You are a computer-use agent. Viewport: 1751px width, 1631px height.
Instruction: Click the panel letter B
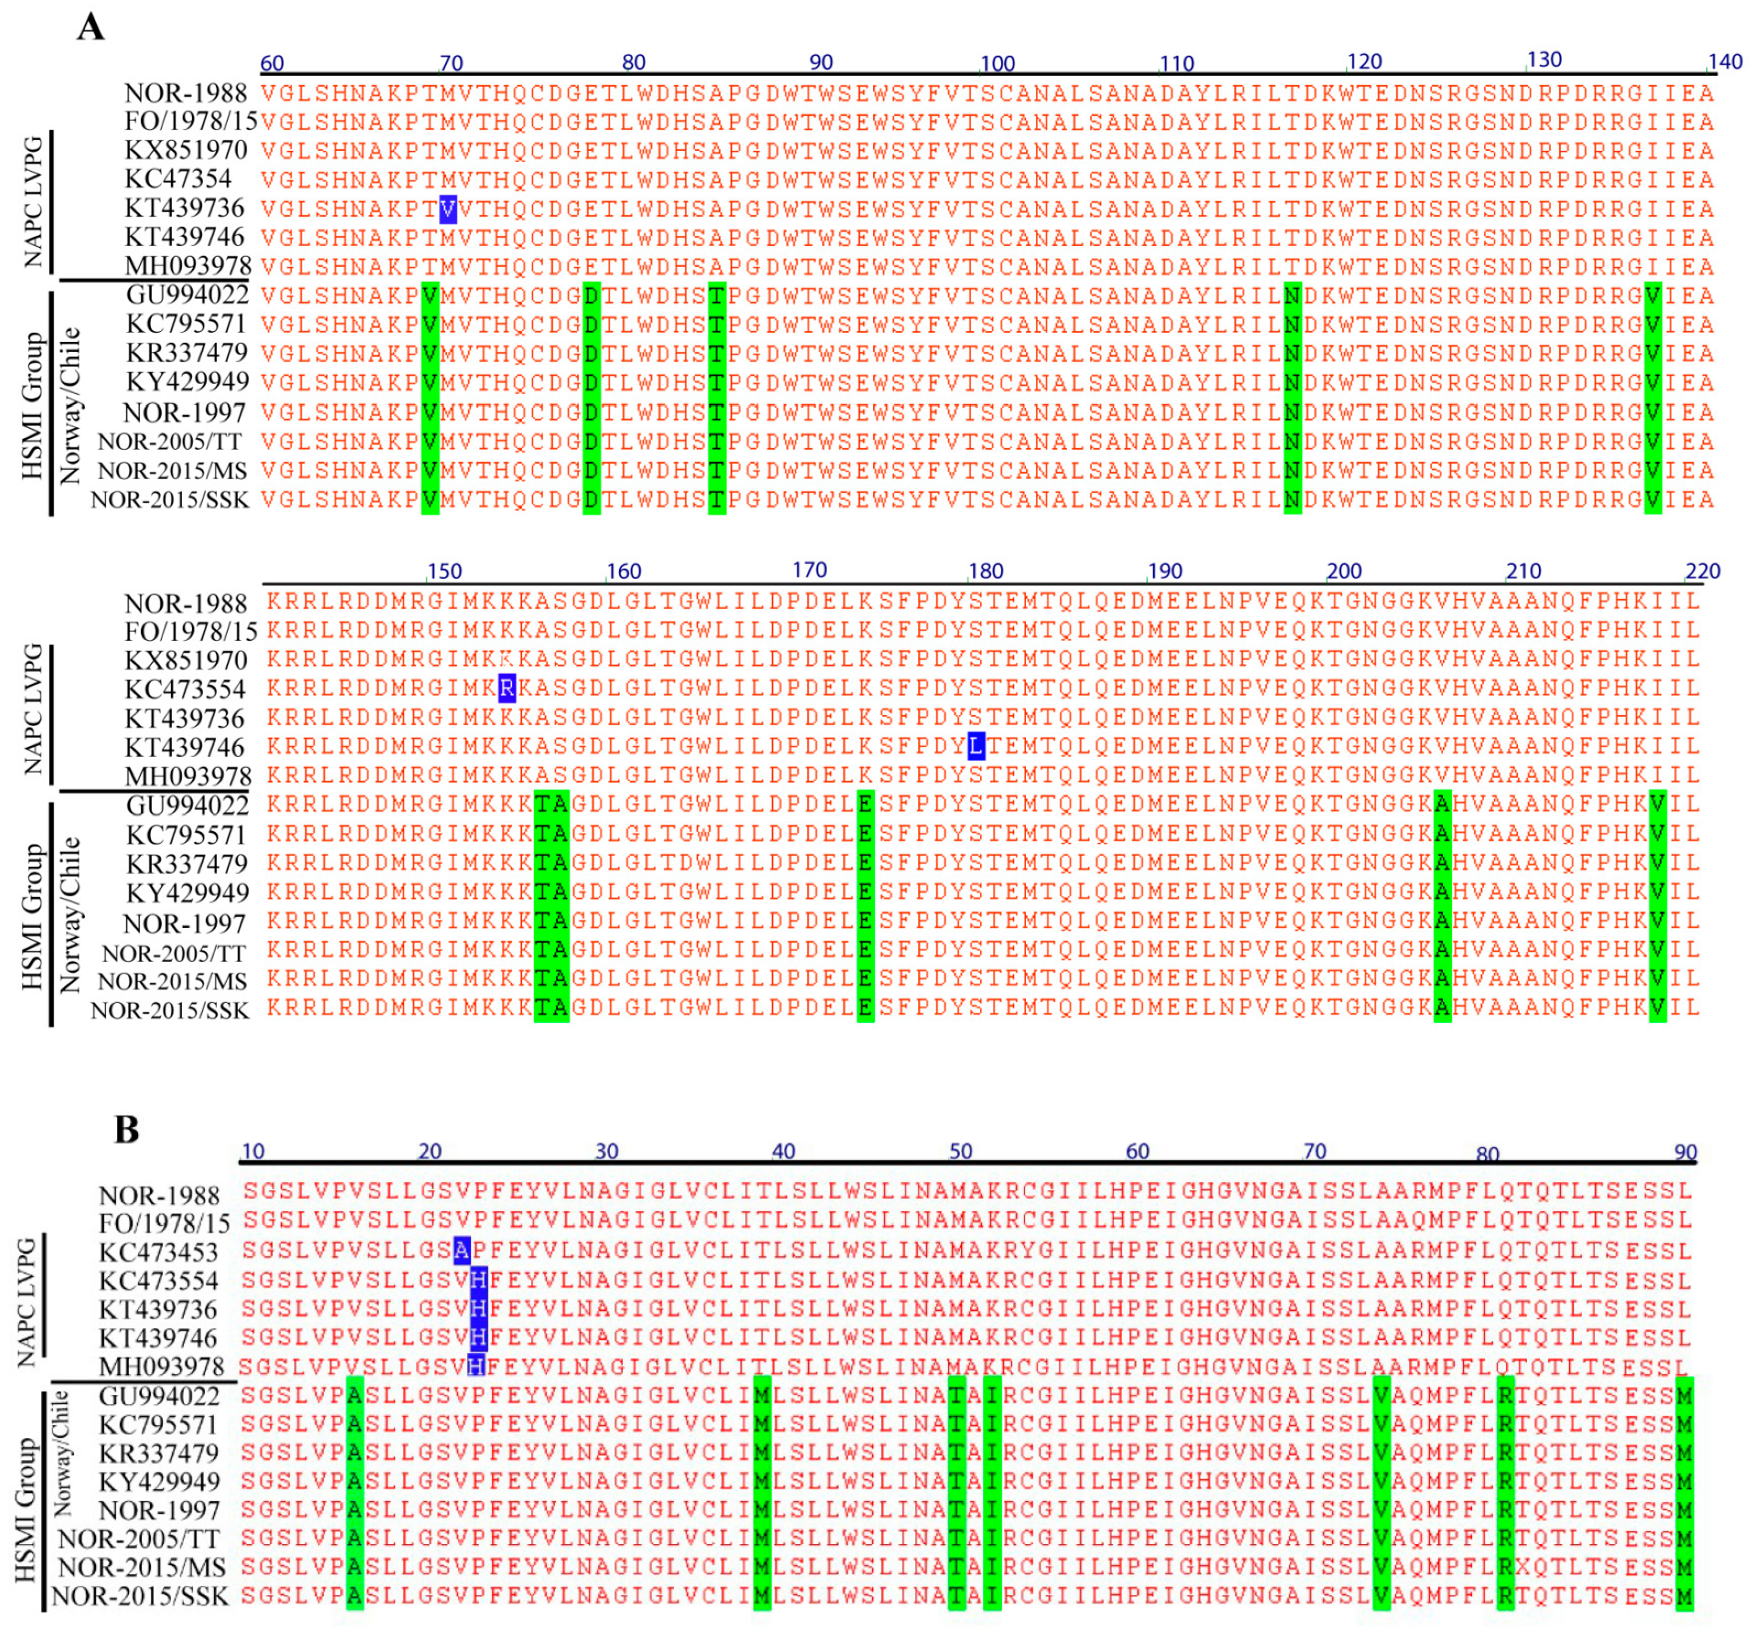tap(126, 1130)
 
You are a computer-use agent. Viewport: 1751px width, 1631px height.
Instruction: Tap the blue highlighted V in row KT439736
tap(448, 209)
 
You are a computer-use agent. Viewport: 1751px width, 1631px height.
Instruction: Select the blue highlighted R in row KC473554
tap(507, 688)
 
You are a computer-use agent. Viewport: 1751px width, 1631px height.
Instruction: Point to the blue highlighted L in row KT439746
tap(977, 746)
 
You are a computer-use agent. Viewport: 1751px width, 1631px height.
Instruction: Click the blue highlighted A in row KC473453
tap(462, 1250)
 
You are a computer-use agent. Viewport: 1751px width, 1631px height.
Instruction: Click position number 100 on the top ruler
tap(998, 63)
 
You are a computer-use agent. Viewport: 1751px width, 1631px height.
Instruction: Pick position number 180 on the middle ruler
tap(986, 571)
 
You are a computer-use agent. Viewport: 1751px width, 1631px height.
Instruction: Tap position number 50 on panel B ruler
tap(960, 1151)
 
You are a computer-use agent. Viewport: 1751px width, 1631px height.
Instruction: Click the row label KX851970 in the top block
tap(186, 150)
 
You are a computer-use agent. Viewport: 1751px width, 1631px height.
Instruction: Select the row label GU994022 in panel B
tap(159, 1396)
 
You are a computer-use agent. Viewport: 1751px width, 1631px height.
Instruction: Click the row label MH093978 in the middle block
tap(187, 776)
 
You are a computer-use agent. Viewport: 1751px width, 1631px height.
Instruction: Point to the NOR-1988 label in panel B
tap(159, 1195)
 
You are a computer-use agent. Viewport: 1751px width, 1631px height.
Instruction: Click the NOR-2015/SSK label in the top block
tap(169, 500)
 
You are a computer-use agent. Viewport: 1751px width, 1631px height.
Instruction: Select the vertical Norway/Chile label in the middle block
tap(69, 914)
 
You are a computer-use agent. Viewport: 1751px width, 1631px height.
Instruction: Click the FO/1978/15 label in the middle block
tap(191, 631)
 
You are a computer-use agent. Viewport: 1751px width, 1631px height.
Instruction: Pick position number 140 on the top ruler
tap(1724, 61)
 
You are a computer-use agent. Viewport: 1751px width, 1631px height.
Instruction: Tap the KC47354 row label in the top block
tap(178, 179)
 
